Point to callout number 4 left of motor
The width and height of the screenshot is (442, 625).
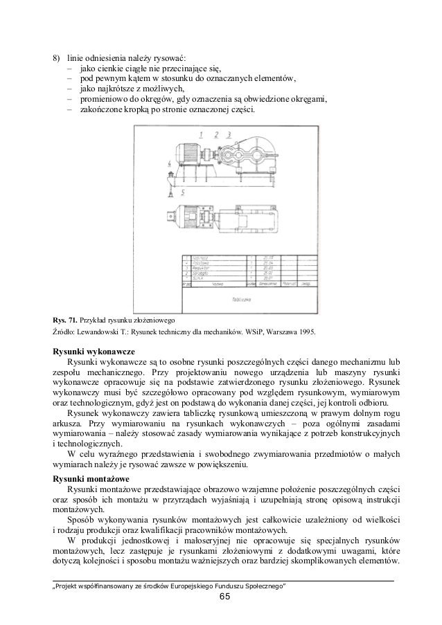(170, 163)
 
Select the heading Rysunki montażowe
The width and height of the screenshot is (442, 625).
(91, 478)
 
